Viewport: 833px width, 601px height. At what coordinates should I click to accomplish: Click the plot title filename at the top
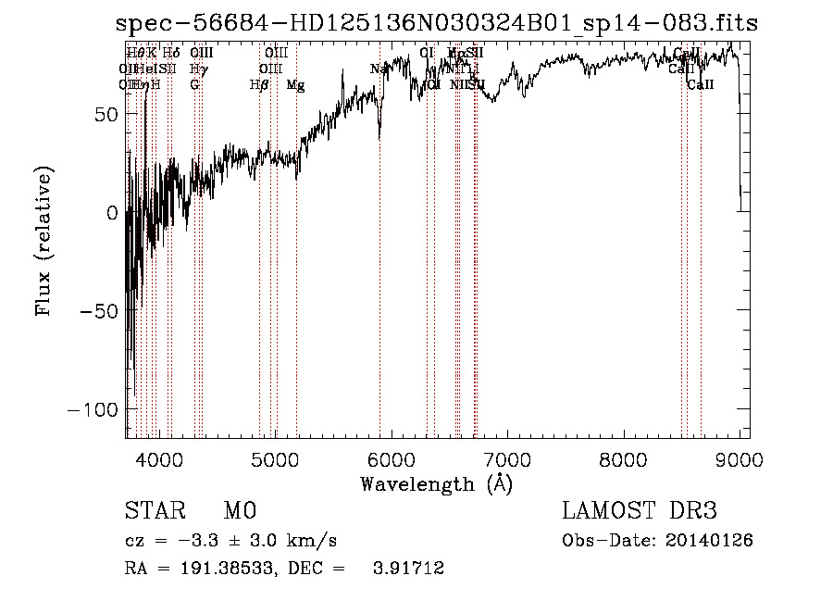click(x=435, y=25)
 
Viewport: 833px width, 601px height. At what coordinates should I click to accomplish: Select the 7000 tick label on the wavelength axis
click(x=507, y=458)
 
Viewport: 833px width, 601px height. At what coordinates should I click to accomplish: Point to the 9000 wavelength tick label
click(x=740, y=458)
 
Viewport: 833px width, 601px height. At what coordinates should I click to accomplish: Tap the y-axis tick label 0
click(x=112, y=213)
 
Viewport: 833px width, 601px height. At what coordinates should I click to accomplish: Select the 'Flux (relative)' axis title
click(x=44, y=241)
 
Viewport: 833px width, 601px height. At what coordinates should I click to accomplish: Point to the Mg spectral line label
click(x=295, y=85)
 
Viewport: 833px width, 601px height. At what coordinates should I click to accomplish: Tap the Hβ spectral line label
click(x=260, y=85)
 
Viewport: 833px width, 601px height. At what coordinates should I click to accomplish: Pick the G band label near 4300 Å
click(x=194, y=85)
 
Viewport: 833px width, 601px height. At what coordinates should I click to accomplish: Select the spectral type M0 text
click(x=239, y=512)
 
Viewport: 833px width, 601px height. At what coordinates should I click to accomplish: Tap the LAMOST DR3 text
click(x=639, y=511)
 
